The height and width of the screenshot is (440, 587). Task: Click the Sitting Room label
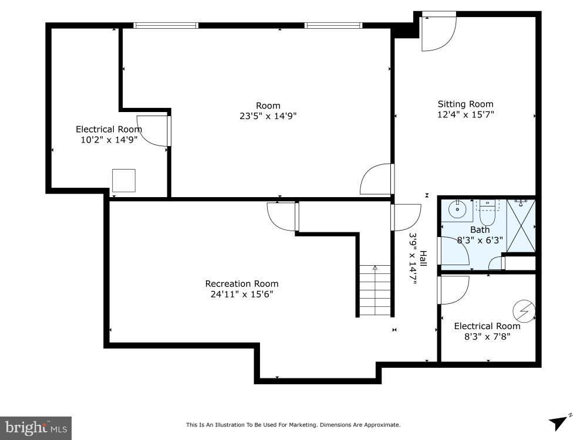tap(465, 104)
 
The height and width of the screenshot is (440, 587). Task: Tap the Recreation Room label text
tap(241, 284)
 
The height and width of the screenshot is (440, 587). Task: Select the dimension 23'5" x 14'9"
tap(268, 116)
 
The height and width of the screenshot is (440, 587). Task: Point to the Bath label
tap(480, 230)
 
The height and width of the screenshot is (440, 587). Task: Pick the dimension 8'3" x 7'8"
tap(487, 337)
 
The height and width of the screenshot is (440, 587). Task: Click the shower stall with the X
tap(521, 226)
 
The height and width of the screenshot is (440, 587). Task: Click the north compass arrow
tap(558, 422)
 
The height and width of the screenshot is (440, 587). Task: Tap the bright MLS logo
tap(35, 427)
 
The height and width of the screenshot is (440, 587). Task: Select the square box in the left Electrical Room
tap(123, 181)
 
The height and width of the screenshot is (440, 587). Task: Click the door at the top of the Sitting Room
tap(438, 31)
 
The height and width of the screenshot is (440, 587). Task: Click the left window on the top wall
tap(166, 25)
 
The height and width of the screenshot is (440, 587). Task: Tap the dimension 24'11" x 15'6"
tap(242, 295)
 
